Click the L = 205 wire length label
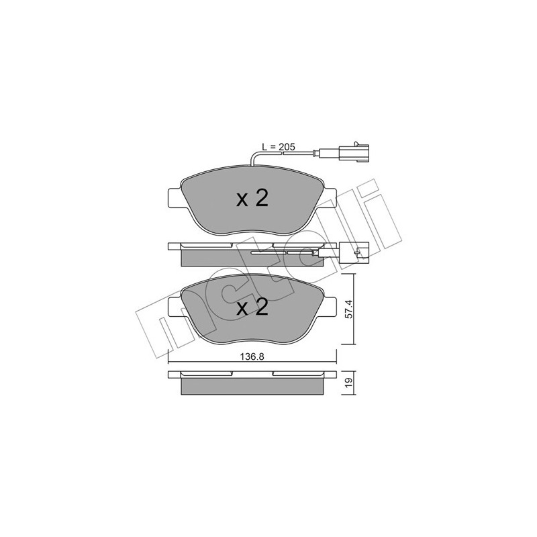coord(278,147)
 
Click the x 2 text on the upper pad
coord(252,198)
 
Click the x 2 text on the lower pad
coord(252,307)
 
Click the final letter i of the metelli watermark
coord(379,208)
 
